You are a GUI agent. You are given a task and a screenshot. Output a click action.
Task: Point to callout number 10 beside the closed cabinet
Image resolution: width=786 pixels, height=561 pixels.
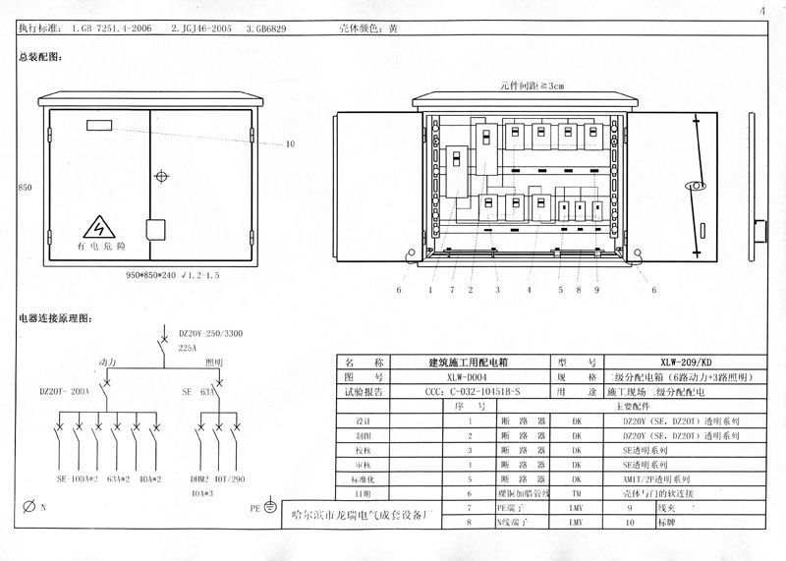(x=290, y=144)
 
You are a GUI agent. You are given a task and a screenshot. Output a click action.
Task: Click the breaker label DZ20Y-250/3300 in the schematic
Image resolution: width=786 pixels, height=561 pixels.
(x=211, y=334)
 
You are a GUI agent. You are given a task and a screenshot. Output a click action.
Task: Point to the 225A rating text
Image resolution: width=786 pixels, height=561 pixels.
(x=188, y=348)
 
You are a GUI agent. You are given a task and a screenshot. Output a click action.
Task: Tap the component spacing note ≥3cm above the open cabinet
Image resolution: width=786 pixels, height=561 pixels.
(x=532, y=86)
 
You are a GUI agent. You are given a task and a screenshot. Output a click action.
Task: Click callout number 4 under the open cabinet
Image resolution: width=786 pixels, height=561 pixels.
(x=529, y=290)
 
